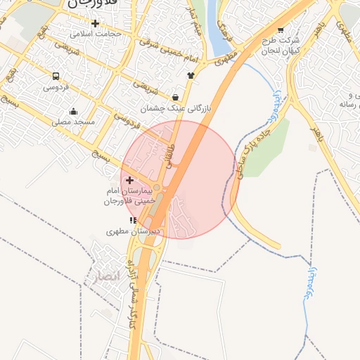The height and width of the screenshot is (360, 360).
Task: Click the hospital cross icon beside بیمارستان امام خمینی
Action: pyautogui.click(x=129, y=181)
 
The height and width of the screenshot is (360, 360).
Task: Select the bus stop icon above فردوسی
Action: pyautogui.click(x=56, y=76)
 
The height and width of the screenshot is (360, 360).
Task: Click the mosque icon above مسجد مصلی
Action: pyautogui.click(x=73, y=111)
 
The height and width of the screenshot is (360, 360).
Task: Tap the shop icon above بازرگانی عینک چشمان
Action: pyautogui.click(x=175, y=97)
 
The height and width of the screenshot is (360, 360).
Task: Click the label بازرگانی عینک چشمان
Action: pyautogui.click(x=175, y=108)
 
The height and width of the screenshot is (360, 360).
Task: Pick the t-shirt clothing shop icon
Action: pyautogui.click(x=191, y=75)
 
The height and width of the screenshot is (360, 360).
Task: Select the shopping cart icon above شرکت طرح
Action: pyautogui.click(x=281, y=30)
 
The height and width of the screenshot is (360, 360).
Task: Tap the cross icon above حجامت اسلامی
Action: pyautogui.click(x=95, y=23)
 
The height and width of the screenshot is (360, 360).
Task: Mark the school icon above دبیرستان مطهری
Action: pyautogui.click(x=134, y=220)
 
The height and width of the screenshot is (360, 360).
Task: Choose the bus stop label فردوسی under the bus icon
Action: pyautogui.click(x=56, y=87)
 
